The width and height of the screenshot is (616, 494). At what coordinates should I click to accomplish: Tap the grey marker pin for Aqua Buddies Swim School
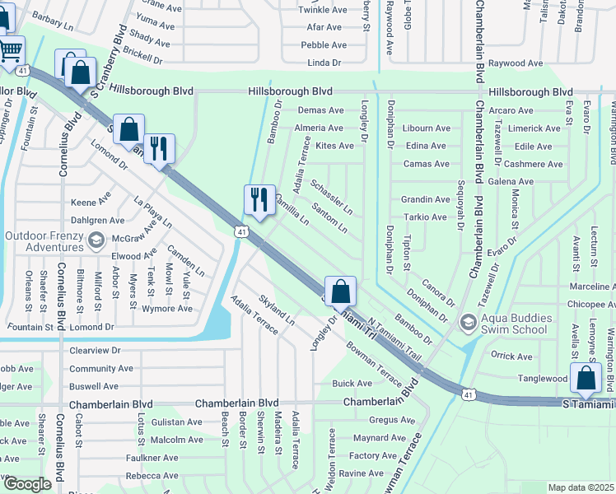click(x=468, y=320)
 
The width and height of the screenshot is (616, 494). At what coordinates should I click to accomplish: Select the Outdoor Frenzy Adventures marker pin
click(x=96, y=240)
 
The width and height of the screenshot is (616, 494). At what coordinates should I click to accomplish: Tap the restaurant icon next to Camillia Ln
click(x=259, y=200)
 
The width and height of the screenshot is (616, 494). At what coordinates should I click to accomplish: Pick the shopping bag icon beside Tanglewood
click(x=586, y=379)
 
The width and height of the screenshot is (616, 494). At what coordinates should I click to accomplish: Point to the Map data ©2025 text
click(x=581, y=487)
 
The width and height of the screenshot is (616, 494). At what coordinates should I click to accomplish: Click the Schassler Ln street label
click(x=332, y=195)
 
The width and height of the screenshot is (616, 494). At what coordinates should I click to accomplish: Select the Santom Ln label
click(x=330, y=217)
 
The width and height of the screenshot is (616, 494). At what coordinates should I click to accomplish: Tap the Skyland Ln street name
click(x=277, y=309)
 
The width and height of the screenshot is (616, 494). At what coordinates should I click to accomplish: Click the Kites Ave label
click(x=334, y=146)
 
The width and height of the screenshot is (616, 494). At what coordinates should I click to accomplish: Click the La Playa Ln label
click(x=153, y=212)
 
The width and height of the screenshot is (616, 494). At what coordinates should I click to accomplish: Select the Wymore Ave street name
click(x=166, y=309)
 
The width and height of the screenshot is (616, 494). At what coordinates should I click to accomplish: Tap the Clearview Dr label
click(x=95, y=349)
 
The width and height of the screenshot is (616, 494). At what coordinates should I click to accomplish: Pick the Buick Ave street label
click(x=352, y=383)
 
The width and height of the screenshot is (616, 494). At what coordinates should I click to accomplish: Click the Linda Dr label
click(x=324, y=63)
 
